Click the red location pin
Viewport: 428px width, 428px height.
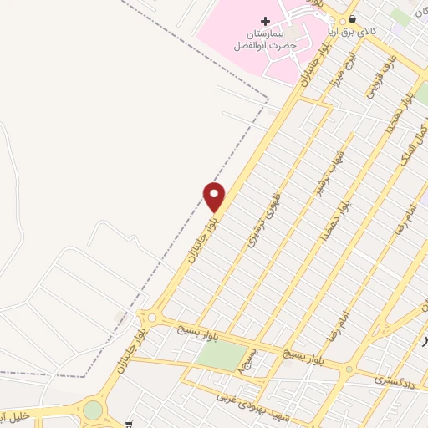click(215, 196)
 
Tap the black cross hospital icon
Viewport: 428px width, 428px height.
click(266, 21)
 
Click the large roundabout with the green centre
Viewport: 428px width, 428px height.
click(93, 410)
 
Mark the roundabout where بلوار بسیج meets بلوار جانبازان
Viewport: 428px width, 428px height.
click(150, 318)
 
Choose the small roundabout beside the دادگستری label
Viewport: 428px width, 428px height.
click(350, 367)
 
